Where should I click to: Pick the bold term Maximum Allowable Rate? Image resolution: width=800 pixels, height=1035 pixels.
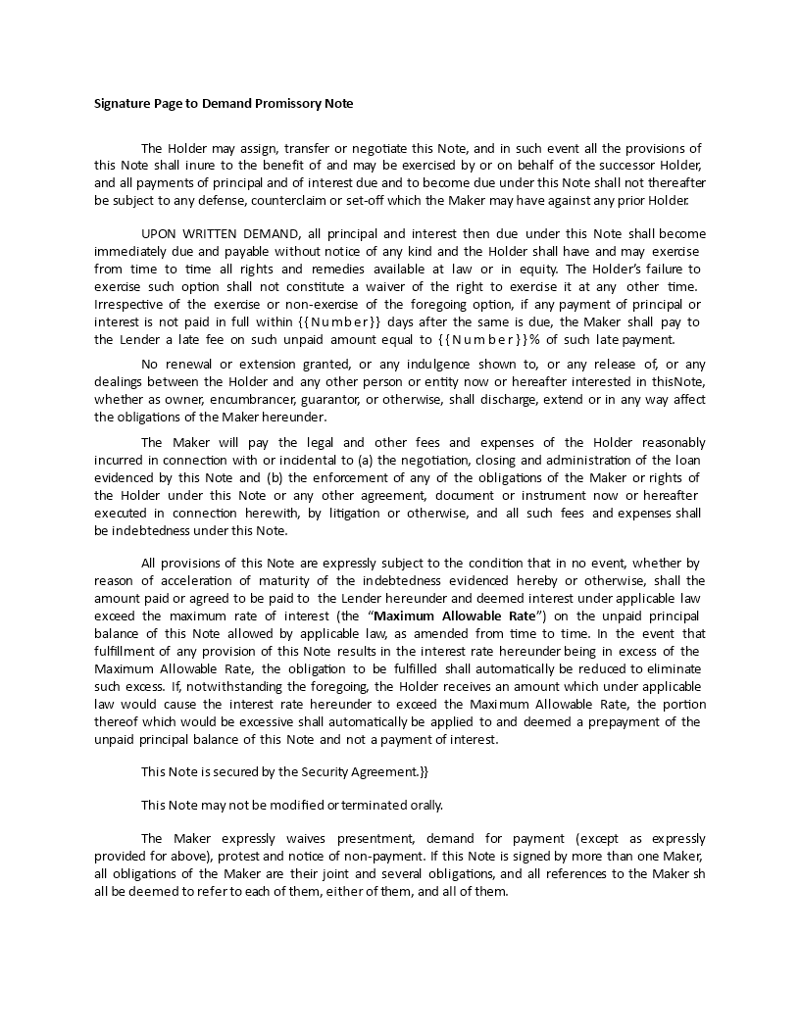coord(455,616)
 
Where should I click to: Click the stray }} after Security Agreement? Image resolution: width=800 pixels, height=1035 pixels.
coord(424,771)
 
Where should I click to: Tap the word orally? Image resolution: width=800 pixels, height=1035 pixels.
coord(425,805)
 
